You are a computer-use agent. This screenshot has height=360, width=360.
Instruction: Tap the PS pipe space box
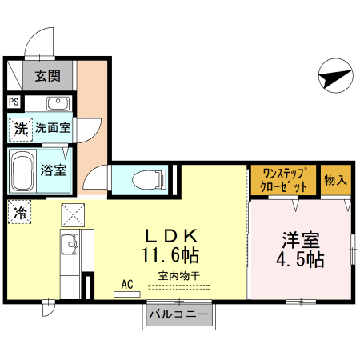click(x=14, y=102)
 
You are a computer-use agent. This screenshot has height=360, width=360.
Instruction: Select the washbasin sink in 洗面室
click(x=58, y=104)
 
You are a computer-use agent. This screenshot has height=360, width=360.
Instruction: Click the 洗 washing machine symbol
click(x=20, y=128)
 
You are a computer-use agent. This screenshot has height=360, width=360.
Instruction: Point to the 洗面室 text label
click(x=52, y=127)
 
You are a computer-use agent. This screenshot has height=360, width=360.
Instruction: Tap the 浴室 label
click(x=54, y=169)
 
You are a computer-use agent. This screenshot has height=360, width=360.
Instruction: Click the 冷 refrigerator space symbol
click(x=19, y=214)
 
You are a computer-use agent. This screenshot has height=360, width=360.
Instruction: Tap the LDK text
click(x=170, y=237)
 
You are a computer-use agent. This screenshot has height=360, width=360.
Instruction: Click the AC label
click(x=127, y=283)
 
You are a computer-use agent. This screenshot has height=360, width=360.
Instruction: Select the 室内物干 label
click(x=179, y=276)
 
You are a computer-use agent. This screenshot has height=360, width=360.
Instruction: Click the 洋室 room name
click(x=300, y=239)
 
